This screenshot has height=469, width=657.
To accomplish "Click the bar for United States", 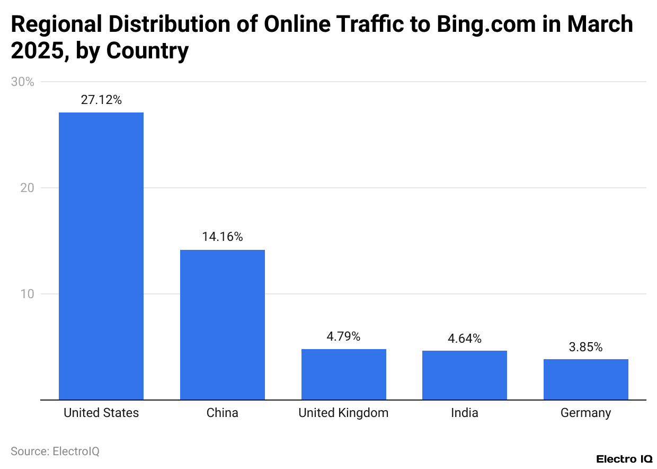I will pos(101,256).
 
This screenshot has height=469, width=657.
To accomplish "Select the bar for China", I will pos(222,325).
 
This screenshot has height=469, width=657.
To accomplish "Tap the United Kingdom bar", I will pos(343,374).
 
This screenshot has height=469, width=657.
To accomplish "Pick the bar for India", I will pos(464,375).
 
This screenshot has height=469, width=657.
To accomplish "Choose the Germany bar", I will pos(585,379).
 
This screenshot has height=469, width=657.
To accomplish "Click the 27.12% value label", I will pos(101,100).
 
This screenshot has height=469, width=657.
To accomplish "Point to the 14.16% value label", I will pos(222,237).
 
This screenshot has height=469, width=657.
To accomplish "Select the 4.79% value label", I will pos(343,336).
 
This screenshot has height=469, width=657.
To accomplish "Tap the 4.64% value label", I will pos(464,338).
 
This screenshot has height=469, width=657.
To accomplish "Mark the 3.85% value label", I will pos(585,347).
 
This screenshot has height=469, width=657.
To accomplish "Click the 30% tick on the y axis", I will pos(22,82).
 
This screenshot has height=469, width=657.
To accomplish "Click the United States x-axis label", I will pos(101,413).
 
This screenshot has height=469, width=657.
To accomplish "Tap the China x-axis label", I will pos(222,413).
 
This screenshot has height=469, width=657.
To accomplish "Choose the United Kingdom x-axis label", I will pos(343,413).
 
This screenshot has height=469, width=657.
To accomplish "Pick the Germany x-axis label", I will pos(585,413).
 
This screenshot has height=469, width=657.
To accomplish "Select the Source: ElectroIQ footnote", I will pos(55,451).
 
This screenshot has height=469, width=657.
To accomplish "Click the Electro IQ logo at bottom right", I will pos(624,459).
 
